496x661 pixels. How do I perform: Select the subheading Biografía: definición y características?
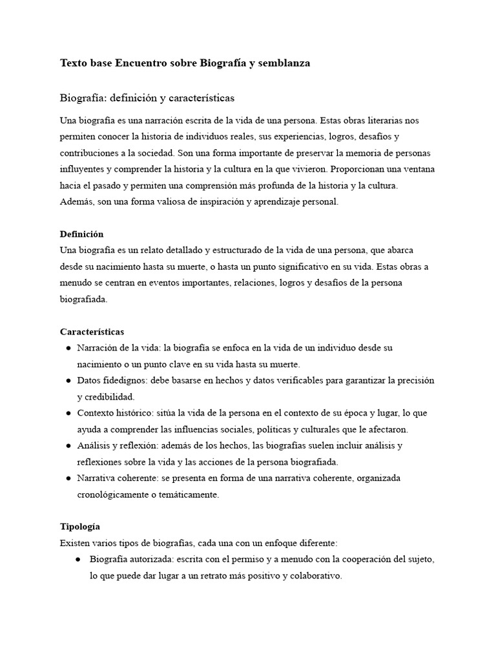(x=147, y=99)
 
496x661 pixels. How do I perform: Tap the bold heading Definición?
(x=81, y=234)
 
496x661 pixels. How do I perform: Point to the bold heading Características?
(x=92, y=332)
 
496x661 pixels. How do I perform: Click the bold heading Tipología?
(x=80, y=527)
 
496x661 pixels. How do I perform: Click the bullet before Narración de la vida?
(x=68, y=348)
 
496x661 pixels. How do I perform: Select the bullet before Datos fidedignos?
(x=68, y=381)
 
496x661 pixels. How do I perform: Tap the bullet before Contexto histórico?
(x=68, y=413)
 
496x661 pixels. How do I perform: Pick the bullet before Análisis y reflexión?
(x=68, y=446)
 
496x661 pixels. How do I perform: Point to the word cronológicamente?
(x=115, y=495)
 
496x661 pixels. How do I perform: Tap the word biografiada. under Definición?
(x=84, y=299)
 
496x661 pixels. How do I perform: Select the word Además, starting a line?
(x=77, y=202)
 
